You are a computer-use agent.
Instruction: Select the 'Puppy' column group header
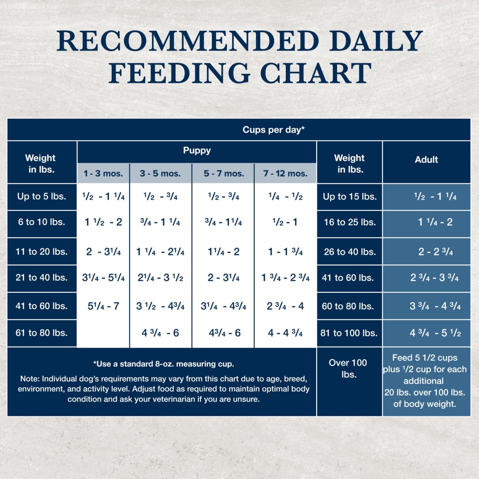[197, 150]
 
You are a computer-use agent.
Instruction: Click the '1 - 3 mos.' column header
[103, 174]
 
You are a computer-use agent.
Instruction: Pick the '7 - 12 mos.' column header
[285, 174]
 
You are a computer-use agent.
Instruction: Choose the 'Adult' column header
[426, 160]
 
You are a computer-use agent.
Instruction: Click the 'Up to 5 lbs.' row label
[42, 197]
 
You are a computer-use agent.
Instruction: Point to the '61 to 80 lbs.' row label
[42, 332]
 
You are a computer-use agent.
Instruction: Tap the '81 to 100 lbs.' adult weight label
[349, 333]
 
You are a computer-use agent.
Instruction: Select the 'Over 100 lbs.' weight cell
[348, 368]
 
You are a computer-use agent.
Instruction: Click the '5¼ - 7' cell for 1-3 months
[103, 306]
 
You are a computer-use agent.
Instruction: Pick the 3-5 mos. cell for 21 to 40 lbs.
[160, 278]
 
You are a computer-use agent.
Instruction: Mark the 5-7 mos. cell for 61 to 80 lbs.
[223, 333]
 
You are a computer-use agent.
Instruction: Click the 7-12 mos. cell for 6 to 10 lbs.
[285, 222]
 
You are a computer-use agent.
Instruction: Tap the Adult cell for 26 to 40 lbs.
[435, 251]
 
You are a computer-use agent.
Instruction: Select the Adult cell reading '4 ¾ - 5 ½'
[435, 333]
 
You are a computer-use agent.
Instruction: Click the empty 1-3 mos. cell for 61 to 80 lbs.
[103, 333]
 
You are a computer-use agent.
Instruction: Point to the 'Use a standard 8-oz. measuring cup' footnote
[164, 364]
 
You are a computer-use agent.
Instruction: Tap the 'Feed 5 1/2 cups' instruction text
[425, 358]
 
